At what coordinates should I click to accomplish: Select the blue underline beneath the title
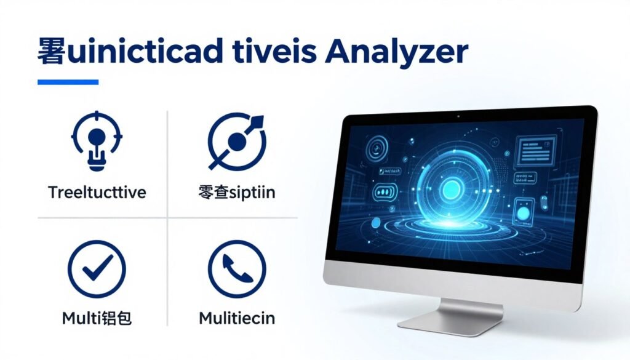[68, 82]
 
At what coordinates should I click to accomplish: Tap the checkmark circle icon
[97, 269]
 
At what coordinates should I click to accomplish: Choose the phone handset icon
[237, 269]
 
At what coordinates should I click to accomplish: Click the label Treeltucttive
[97, 193]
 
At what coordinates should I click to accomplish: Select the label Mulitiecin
[237, 318]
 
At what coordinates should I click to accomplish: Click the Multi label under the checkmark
[97, 318]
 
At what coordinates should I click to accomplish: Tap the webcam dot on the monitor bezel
[458, 115]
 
